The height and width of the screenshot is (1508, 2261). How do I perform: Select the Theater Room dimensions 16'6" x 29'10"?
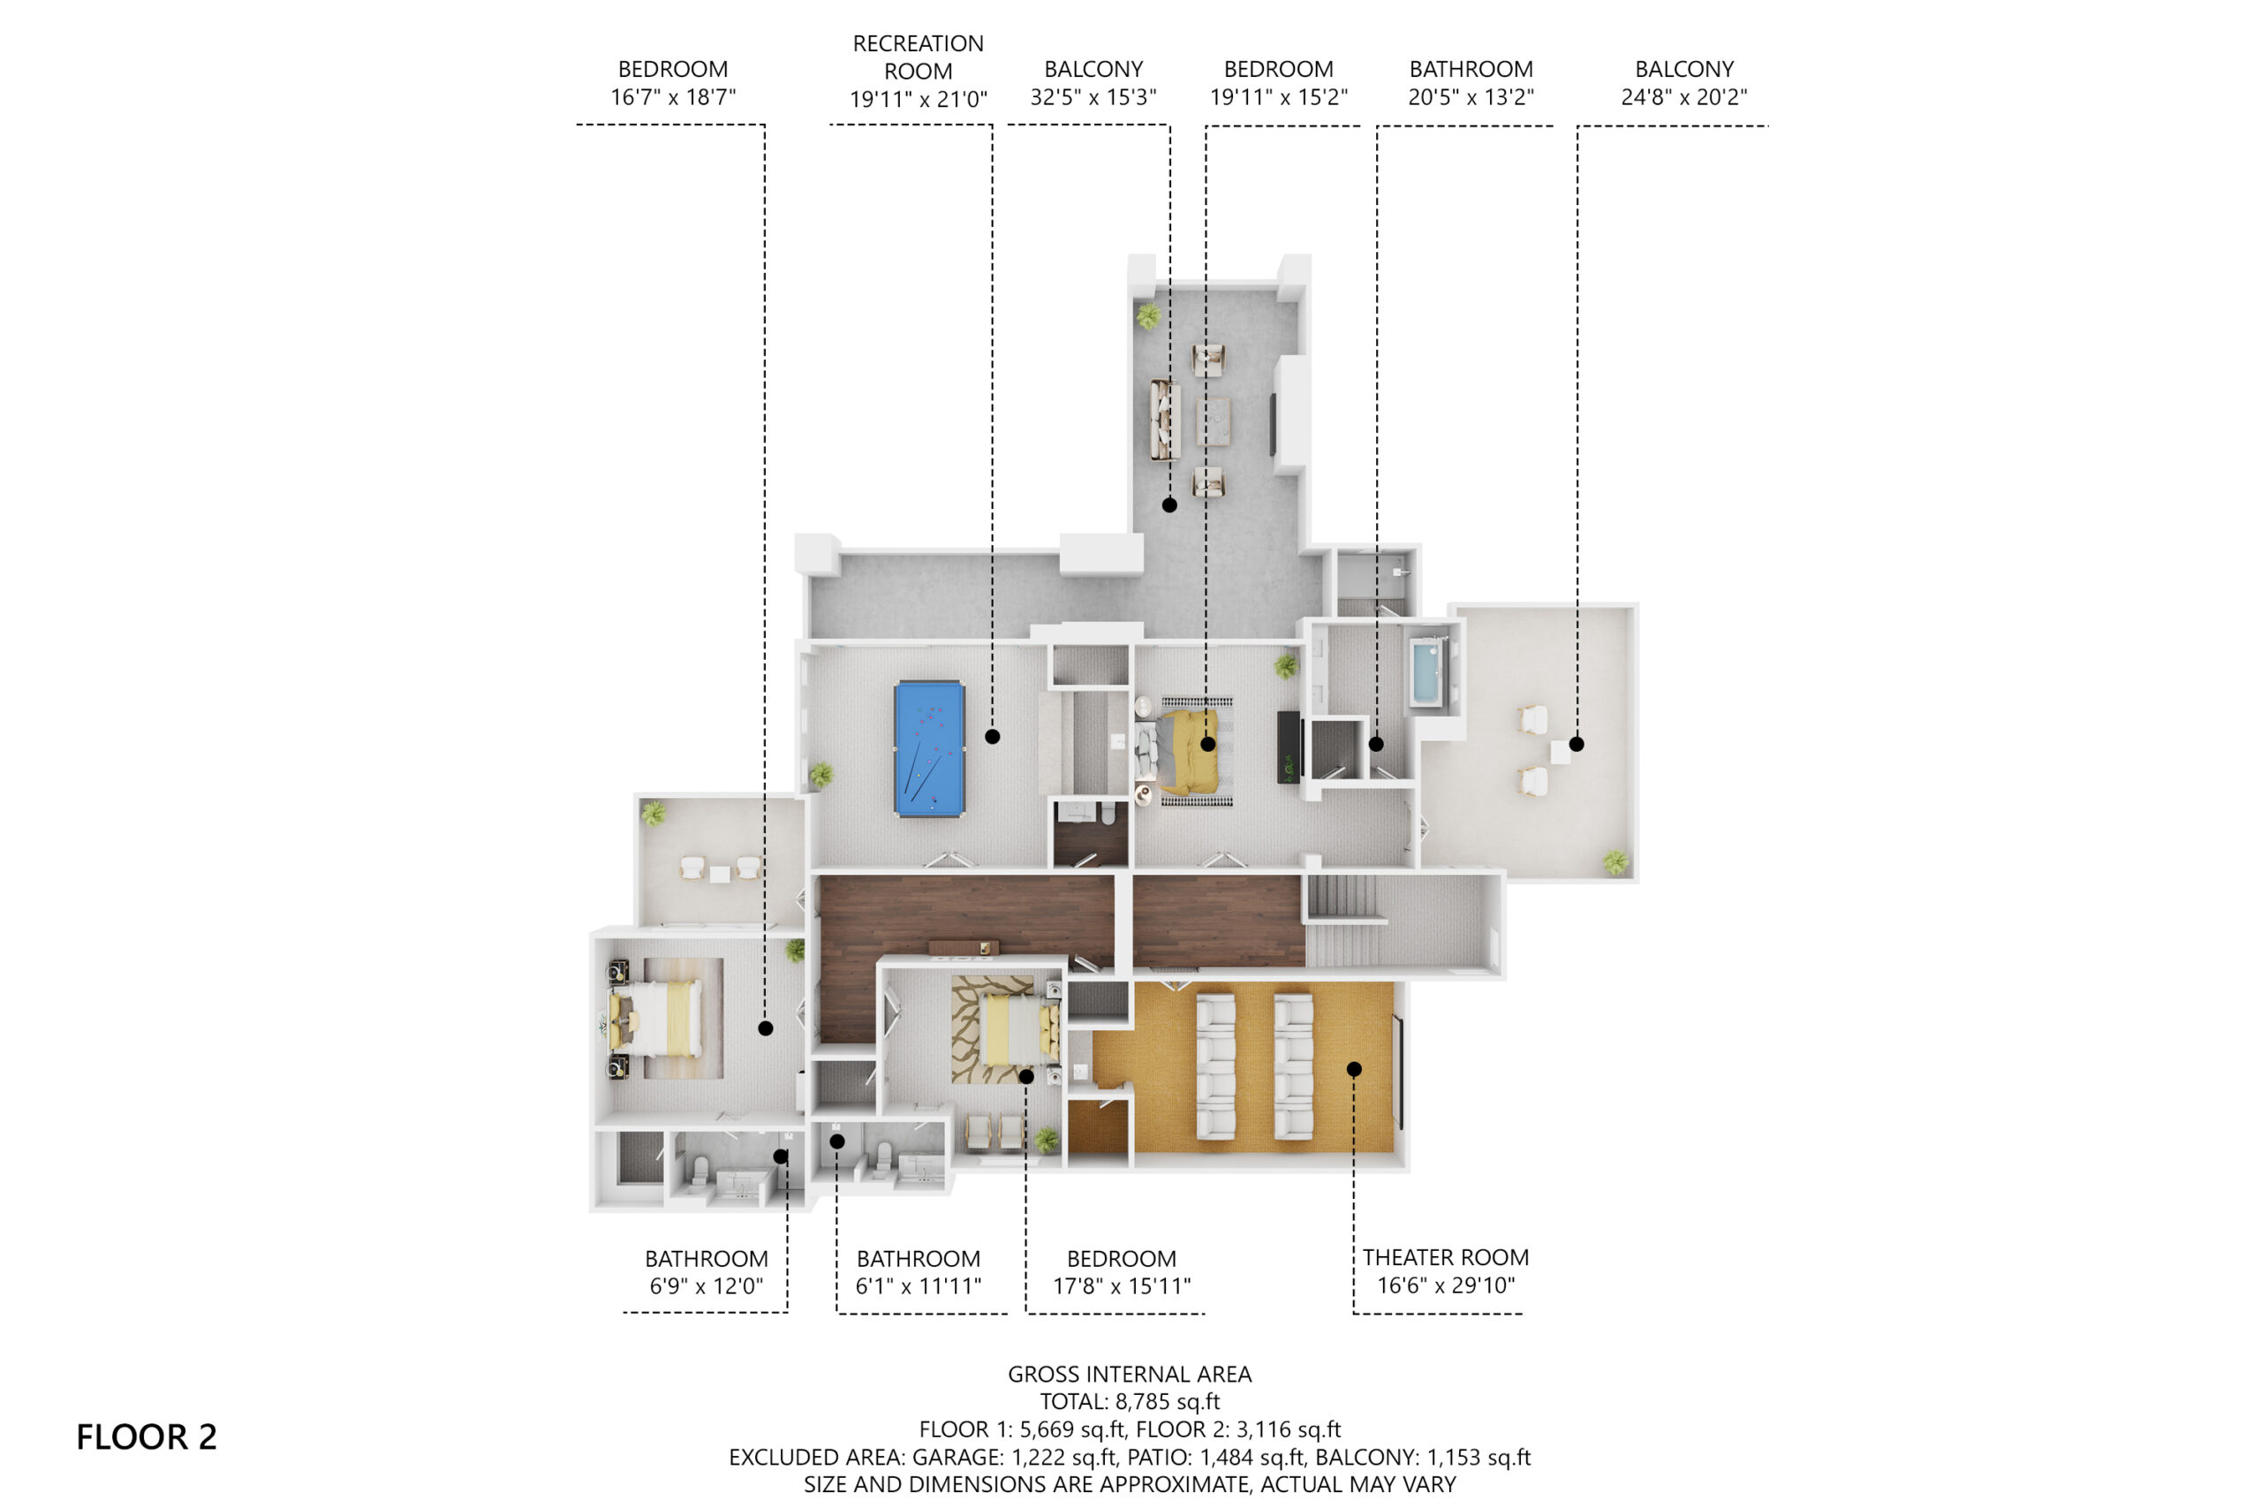1446,1284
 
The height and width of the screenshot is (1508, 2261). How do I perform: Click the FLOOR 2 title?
146,1436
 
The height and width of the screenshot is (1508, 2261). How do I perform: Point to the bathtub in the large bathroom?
1427,671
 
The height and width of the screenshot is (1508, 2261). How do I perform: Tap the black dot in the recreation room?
992,737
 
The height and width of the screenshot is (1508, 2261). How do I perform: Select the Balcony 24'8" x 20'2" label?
1684,83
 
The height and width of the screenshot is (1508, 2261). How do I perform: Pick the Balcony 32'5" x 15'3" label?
1093,83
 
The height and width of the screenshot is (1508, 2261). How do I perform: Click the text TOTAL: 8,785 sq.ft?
1130,1401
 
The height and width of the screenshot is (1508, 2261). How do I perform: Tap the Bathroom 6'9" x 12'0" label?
707,1272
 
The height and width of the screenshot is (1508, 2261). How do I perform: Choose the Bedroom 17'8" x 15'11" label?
1122,1272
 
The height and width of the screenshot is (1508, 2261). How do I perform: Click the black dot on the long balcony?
1169,505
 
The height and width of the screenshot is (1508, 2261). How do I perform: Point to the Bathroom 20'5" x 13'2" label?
1471,83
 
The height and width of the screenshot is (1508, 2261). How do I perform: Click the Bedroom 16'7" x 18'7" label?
673,83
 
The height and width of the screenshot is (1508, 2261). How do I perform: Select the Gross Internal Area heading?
1130,1375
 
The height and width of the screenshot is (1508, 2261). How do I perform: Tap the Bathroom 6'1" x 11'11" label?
918,1272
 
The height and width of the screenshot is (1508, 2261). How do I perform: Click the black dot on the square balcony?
1577,744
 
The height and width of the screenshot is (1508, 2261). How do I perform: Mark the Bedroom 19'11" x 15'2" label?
1279,83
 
